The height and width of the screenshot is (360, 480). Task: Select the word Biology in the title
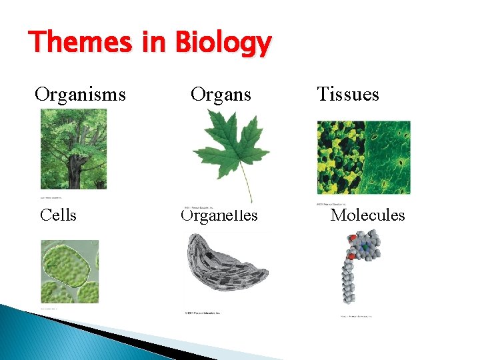pos(223,45)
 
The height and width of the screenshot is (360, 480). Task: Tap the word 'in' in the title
pos(155,43)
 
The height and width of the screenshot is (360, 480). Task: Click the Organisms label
pos(79,94)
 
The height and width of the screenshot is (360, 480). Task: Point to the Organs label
pos(221,94)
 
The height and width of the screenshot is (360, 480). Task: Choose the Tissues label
pos(348,94)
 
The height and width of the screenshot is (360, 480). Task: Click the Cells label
pos(58,215)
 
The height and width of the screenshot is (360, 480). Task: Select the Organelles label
pos(219,215)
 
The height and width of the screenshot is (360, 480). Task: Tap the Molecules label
pos(368,215)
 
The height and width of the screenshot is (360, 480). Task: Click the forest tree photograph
pos(73,151)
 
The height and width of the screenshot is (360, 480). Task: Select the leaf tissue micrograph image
pos(363,157)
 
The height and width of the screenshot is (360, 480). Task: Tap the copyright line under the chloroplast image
pos(201,313)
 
